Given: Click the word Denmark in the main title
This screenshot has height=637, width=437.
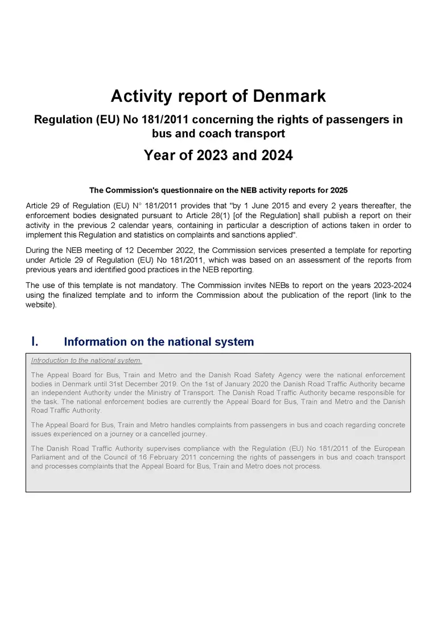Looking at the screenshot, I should [x=289, y=96].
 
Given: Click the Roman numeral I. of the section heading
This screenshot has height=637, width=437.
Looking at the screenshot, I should [x=35, y=342].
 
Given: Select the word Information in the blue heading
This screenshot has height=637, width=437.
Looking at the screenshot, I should [x=96, y=342].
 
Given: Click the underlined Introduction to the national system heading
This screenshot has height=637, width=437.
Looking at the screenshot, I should [x=86, y=360].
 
